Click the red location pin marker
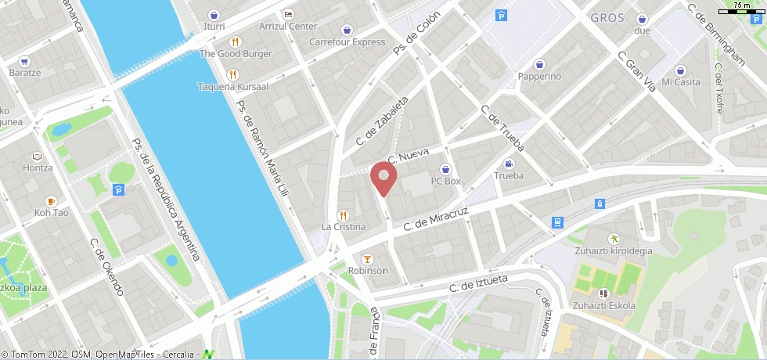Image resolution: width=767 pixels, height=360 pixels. pyautogui.click(x=383, y=178)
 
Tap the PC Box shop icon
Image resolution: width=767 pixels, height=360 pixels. pyautogui.click(x=446, y=168)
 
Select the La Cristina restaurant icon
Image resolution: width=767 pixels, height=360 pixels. pyautogui.click(x=342, y=214)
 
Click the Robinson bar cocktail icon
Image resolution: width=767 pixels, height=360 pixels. pyautogui.click(x=366, y=258)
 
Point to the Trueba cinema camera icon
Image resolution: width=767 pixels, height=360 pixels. pyautogui.click(x=509, y=164)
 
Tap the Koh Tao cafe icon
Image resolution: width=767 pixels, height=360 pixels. pyautogui.click(x=52, y=200)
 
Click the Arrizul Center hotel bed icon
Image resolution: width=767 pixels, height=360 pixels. pyautogui.click(x=288, y=14)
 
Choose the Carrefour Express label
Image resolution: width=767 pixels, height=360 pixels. pyautogui.click(x=347, y=42)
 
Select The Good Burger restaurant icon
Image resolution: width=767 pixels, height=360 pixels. pyautogui.click(x=234, y=41)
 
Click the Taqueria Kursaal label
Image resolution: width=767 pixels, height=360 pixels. pyautogui.click(x=232, y=86)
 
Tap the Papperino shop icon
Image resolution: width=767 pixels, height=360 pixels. pyautogui.click(x=539, y=64)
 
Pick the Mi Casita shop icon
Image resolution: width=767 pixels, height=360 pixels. pyautogui.click(x=680, y=70)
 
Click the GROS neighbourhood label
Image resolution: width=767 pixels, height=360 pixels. pyautogui.click(x=607, y=18)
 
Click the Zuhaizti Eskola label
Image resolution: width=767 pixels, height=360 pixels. pyautogui.click(x=603, y=305)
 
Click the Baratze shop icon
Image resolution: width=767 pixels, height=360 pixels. pyautogui.click(x=24, y=60)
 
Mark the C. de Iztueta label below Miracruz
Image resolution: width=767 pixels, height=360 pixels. pyautogui.click(x=478, y=283)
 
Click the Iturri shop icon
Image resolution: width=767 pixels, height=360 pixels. pyautogui.click(x=214, y=14)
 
